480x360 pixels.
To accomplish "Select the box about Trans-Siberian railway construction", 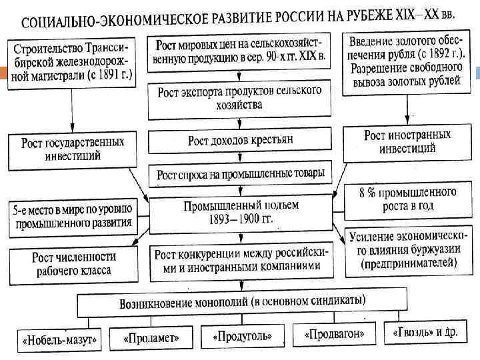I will pyautogui.click(x=71, y=61).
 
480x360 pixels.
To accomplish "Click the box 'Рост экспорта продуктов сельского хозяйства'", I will pyautogui.click(x=239, y=97).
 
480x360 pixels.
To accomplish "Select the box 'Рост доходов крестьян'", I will pyautogui.click(x=240, y=140).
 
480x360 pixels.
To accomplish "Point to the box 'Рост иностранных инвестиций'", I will pyautogui.click(x=407, y=141).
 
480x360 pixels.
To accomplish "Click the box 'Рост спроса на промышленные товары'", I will pyautogui.click(x=241, y=175).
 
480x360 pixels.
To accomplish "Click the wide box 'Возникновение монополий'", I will pyautogui.click(x=242, y=303).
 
